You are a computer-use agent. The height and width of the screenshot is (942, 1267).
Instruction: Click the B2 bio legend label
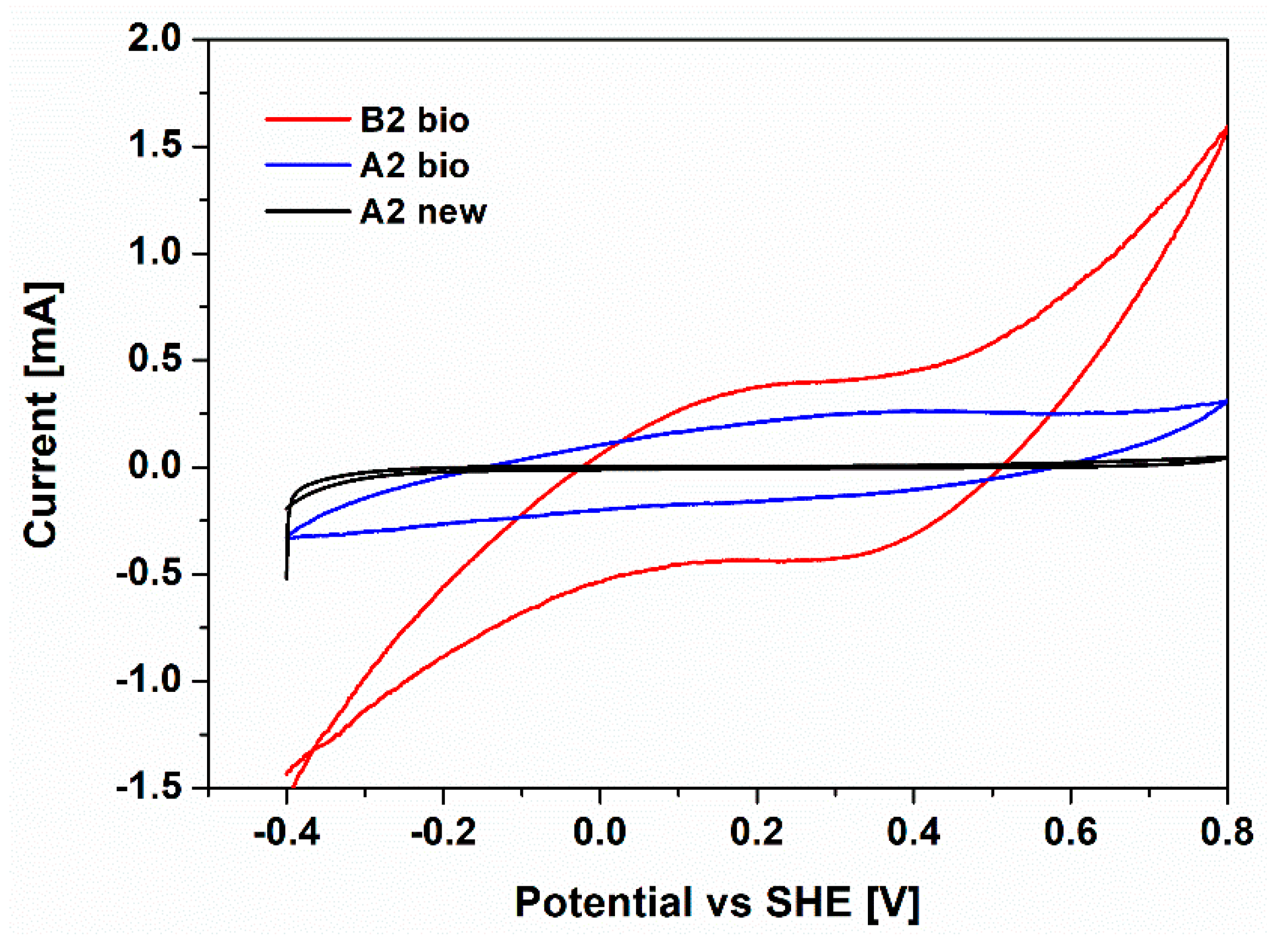[415, 120]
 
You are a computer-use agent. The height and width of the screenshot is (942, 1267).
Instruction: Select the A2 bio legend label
[415, 166]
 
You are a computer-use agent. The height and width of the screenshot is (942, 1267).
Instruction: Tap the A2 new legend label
[423, 212]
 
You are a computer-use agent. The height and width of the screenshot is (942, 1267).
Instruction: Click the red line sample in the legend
[308, 119]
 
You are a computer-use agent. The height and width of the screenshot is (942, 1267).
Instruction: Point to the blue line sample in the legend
[308, 165]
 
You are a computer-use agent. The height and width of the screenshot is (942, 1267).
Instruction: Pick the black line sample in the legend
[308, 211]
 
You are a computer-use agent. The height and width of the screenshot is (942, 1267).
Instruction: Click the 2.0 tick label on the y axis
[154, 40]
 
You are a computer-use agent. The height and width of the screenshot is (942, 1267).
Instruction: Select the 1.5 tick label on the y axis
[154, 147]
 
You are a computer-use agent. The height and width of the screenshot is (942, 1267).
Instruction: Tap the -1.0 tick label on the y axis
[148, 681]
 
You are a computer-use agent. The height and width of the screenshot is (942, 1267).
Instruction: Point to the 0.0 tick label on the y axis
[154, 468]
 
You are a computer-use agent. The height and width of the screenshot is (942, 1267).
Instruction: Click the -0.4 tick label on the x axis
[287, 833]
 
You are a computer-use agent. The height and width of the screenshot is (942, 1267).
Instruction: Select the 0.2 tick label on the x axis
[756, 833]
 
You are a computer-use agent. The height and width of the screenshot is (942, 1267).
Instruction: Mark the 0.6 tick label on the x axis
[1070, 833]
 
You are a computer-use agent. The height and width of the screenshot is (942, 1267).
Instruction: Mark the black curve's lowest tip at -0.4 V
[286, 579]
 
